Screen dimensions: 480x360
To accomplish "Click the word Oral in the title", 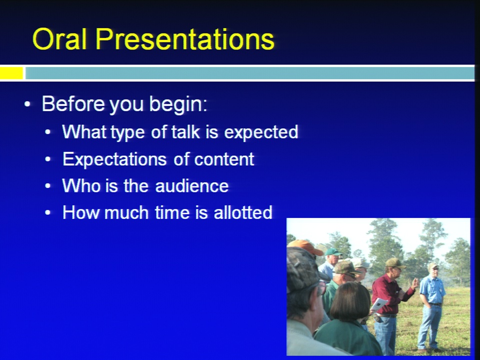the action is point(59,39).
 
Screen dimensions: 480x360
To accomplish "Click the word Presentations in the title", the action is point(185,39).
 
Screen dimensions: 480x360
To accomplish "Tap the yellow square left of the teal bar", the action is point(11,73).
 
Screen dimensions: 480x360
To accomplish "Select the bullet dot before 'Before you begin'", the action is point(27,104).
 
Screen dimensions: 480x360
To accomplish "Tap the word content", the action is point(224,159).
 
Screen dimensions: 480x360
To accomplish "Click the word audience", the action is point(192,186).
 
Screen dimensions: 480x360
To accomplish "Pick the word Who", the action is point(81,186).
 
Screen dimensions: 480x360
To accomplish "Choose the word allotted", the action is point(243,212).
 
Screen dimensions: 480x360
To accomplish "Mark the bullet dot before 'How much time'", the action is point(48,212).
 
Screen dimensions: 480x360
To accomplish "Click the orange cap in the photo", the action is point(305,246).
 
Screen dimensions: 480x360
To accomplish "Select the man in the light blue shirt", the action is point(431,306).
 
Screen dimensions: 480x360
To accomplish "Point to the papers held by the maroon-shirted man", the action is point(379,304).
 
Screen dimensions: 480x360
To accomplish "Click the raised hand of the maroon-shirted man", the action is point(414,283).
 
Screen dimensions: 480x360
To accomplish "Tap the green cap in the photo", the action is point(333,252).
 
